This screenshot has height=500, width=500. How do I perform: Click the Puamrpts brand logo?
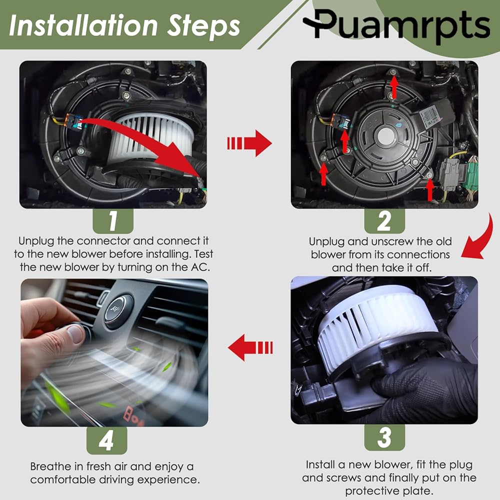pyautogui.click(x=396, y=26)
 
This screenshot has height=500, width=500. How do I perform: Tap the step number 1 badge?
pyautogui.click(x=113, y=221)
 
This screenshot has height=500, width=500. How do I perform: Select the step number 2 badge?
pyautogui.click(x=384, y=221)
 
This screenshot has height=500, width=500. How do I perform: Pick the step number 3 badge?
pyautogui.click(x=384, y=437)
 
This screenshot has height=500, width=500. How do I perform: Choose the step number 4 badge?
pyautogui.click(x=107, y=440)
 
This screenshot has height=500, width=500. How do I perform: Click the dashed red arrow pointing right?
pyautogui.click(x=249, y=143)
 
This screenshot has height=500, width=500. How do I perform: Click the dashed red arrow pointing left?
pyautogui.click(x=250, y=347)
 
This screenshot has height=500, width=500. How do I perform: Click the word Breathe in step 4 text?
pyautogui.click(x=51, y=466)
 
